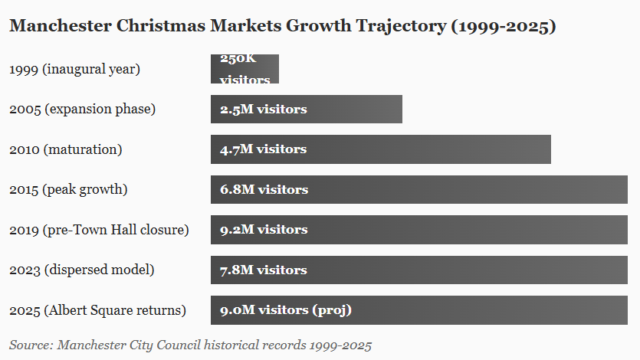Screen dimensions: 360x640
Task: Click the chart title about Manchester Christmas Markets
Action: (x=282, y=26)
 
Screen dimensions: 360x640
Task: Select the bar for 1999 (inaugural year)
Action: (x=245, y=69)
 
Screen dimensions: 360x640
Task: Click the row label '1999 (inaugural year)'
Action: (x=74, y=69)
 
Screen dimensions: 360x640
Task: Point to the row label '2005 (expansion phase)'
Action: (x=82, y=109)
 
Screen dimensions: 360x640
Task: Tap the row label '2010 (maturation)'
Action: (x=65, y=149)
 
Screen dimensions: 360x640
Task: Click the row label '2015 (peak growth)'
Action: (x=68, y=189)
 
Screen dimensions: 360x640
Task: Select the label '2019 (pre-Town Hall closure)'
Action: (x=99, y=230)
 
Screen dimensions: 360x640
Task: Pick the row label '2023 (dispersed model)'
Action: (x=81, y=270)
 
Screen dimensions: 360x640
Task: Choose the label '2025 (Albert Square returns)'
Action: (x=97, y=310)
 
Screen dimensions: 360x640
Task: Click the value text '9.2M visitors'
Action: (x=264, y=230)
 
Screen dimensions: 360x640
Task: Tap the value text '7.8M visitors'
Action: (x=263, y=270)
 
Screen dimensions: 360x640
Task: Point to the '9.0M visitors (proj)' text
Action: (x=286, y=310)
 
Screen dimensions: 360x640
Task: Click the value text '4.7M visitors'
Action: (x=263, y=149)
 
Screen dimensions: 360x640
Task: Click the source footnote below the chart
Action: (x=190, y=345)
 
